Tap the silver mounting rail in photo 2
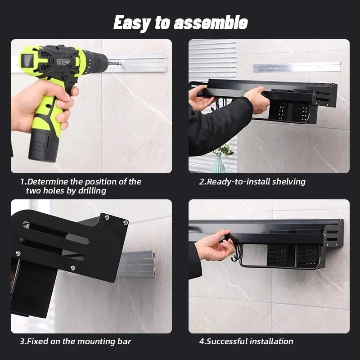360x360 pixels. [x=297, y=67]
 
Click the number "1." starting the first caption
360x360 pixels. [x=23, y=182]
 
